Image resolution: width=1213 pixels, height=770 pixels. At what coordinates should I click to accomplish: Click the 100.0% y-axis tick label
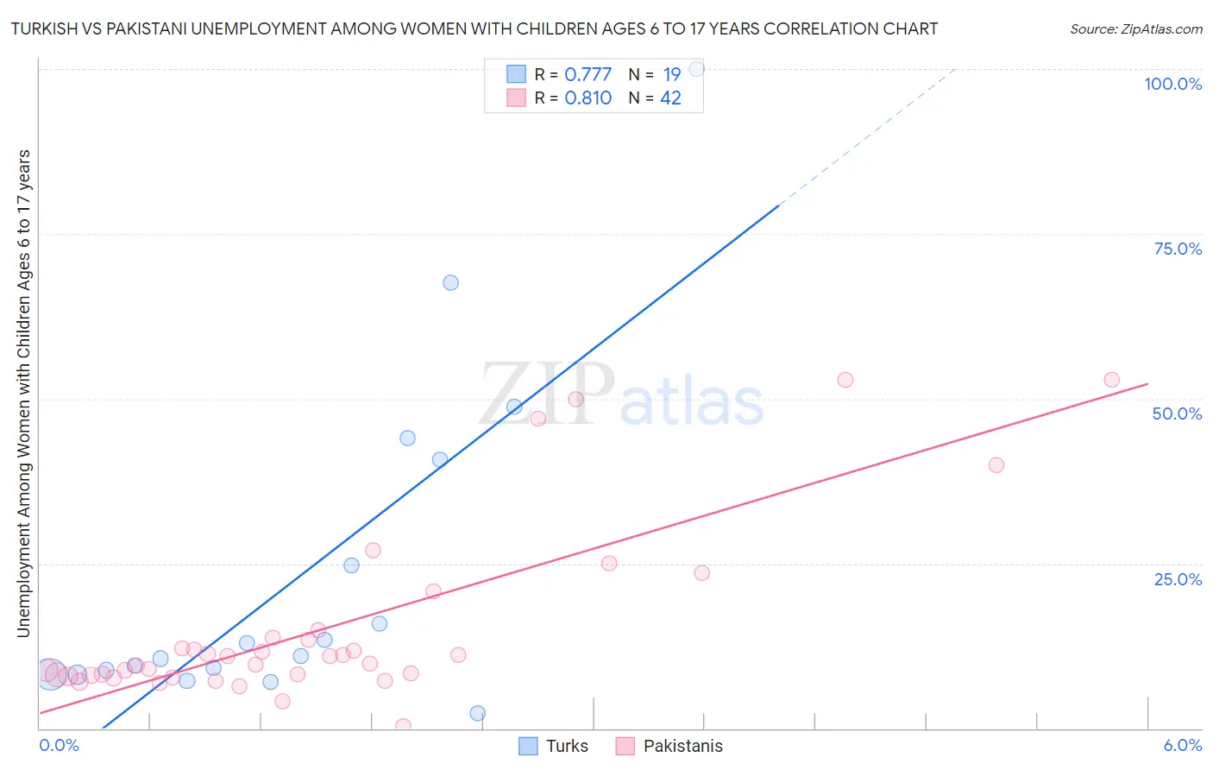click(1172, 84)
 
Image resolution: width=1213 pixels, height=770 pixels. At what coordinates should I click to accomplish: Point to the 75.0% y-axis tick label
click(1178, 249)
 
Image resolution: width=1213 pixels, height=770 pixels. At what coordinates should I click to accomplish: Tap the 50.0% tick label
click(1177, 413)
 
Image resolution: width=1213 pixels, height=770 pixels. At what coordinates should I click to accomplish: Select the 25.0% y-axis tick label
click(1178, 578)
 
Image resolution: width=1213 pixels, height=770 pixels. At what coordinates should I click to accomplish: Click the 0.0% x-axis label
click(59, 745)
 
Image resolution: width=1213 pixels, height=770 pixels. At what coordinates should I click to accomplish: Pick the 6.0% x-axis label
click(1182, 745)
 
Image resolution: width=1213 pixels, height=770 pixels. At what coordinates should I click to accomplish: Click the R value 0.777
click(588, 74)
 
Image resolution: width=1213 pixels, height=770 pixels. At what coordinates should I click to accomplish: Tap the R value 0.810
click(588, 98)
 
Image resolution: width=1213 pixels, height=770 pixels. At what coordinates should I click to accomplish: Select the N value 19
click(672, 74)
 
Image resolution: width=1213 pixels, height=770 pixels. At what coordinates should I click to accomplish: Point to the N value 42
click(670, 98)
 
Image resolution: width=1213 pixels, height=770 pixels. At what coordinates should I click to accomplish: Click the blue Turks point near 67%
click(450, 282)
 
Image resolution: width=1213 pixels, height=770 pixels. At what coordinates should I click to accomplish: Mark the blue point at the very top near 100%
click(696, 69)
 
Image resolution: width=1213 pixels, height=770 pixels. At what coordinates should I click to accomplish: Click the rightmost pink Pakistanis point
click(1111, 380)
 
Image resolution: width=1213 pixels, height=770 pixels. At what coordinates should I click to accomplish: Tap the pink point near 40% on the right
click(996, 464)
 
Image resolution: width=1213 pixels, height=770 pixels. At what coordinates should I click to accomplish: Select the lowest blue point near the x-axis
click(477, 713)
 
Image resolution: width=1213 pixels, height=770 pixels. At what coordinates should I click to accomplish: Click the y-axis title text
click(23, 393)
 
